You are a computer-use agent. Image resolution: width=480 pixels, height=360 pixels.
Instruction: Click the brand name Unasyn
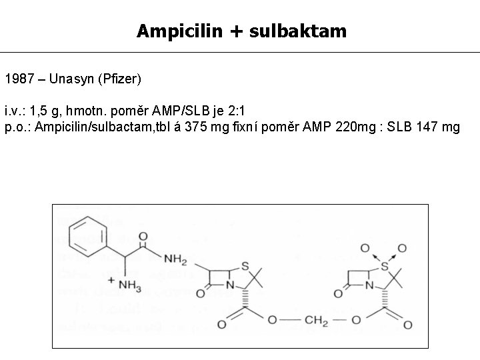(67, 79)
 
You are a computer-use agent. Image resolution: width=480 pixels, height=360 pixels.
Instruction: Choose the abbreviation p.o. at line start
(17, 127)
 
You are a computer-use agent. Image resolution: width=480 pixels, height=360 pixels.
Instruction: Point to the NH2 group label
(175, 259)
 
